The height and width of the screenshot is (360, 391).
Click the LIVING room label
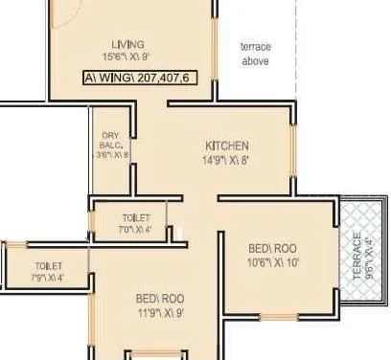coord(126,44)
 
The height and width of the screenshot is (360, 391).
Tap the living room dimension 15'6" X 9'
coord(126,57)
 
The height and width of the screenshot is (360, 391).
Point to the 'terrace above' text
coord(255,54)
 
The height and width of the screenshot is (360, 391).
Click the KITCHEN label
coord(227,146)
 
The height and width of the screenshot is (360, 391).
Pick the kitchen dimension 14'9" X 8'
coord(227,160)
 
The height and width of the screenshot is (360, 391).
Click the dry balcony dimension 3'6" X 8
coord(112,154)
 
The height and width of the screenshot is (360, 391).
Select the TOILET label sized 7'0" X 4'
coord(136,218)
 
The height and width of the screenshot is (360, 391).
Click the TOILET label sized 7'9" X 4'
coord(48,265)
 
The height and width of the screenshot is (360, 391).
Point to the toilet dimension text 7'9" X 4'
coord(48,279)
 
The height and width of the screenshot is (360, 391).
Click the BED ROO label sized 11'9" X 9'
coord(160,297)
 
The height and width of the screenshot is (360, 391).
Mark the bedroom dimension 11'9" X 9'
coord(160,311)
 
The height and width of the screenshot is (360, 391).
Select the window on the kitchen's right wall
coord(292,153)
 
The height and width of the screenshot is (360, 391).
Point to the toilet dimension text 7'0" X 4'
coord(136,230)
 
